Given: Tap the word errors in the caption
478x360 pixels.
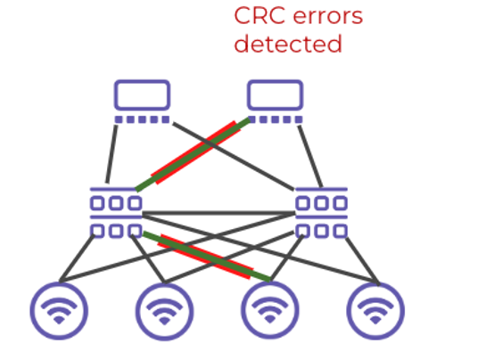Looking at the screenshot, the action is click(327, 17).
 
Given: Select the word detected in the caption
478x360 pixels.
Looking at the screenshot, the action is click(288, 44).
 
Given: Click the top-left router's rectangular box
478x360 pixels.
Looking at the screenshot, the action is click(142, 94).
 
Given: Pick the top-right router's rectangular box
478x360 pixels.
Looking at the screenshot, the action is click(275, 94).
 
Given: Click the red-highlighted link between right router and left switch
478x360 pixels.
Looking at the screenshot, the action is click(193, 155).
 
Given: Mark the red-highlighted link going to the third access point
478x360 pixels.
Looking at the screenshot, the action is click(207, 257).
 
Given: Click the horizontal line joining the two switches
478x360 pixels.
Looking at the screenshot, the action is click(218, 213).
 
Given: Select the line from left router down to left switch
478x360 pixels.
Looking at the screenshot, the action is click(111, 154).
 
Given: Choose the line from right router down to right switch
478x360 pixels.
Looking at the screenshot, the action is click(310, 157).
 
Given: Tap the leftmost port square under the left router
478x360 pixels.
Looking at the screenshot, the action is click(119, 119).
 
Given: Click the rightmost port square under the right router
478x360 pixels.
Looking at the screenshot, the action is click(299, 119).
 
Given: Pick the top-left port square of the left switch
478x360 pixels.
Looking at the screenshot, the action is click(97, 203).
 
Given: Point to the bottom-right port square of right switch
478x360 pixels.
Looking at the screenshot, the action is click(341, 231).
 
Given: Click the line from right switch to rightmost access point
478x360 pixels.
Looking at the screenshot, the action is click(362, 261).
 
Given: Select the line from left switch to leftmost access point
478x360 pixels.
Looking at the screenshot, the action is click(77, 258).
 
